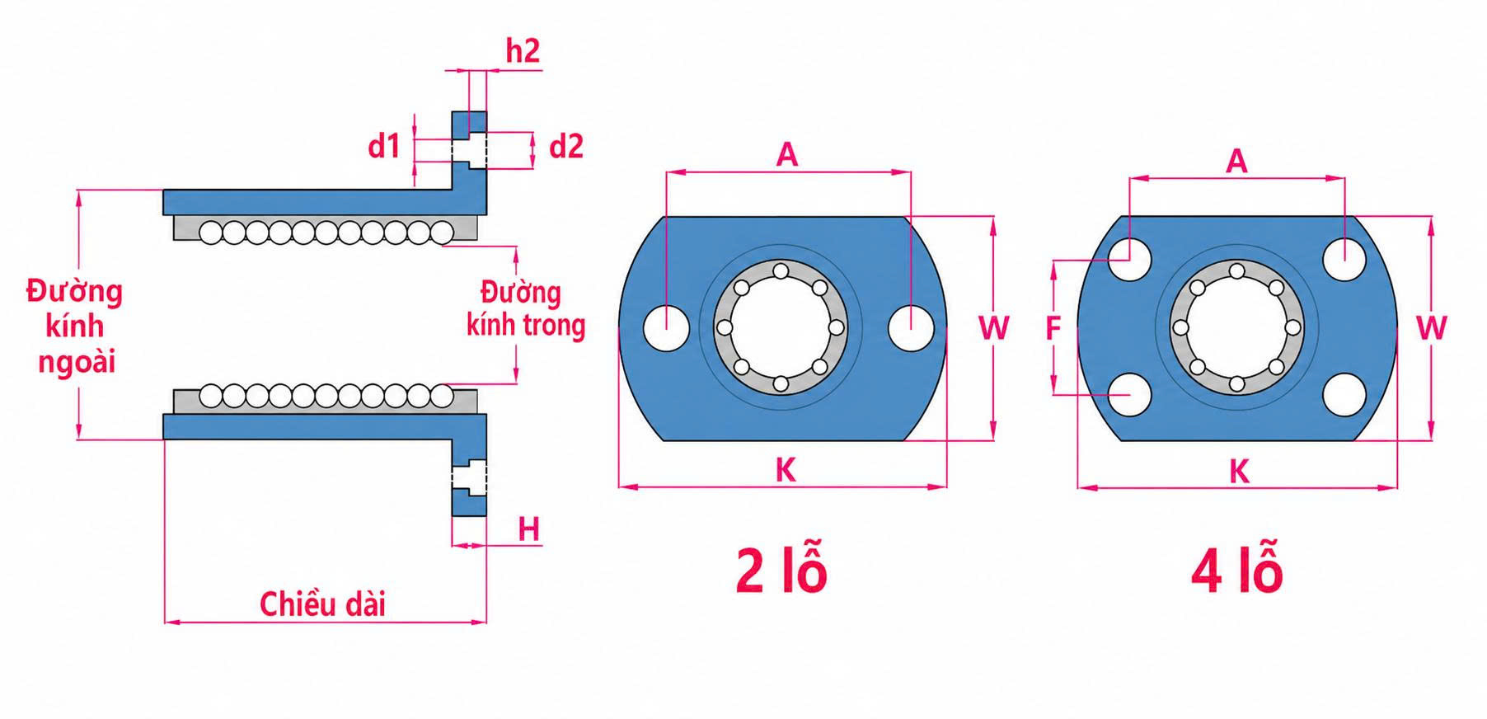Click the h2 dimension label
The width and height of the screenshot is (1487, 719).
click(523, 51)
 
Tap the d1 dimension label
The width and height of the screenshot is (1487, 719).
click(384, 146)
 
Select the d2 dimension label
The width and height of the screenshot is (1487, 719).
click(566, 146)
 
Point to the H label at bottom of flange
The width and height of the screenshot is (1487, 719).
click(529, 529)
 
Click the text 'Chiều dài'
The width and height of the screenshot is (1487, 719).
click(323, 604)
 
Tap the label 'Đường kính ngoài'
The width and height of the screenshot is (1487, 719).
click(75, 327)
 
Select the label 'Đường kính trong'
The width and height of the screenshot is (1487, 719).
click(526, 309)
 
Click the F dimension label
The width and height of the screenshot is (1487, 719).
click(1053, 328)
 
